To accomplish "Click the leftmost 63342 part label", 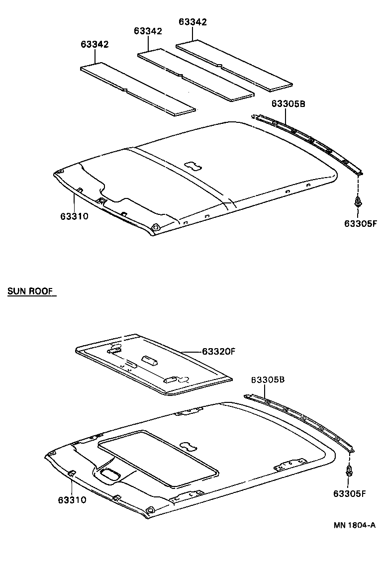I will click(x=95, y=44).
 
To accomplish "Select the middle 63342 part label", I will click(x=148, y=31).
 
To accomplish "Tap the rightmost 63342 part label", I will click(x=192, y=22).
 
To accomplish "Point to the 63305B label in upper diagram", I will click(x=288, y=103).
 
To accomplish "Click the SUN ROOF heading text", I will click(x=30, y=291).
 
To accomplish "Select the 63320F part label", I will click(x=218, y=352).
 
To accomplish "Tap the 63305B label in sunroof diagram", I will click(x=268, y=380).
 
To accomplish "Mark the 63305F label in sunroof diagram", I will click(x=350, y=493).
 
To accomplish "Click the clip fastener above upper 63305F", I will click(x=358, y=202).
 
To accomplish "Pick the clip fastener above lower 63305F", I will click(x=349, y=470).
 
